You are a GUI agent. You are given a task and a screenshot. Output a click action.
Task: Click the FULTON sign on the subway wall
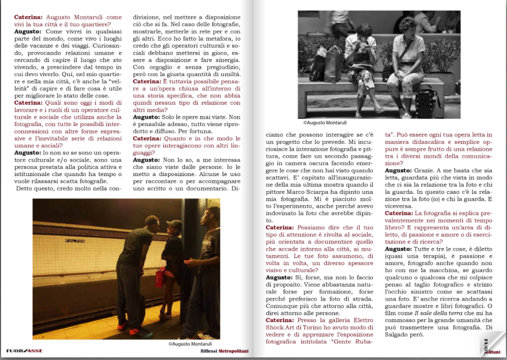pyautogui.click(x=75, y=240)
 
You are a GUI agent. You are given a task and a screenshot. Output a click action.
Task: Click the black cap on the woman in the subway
pyautogui.click(x=174, y=225)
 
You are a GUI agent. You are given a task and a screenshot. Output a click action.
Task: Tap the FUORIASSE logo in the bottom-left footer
pyautogui.click(x=24, y=351)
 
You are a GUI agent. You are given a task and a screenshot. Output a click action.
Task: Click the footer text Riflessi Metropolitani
pyautogui.click(x=224, y=351)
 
